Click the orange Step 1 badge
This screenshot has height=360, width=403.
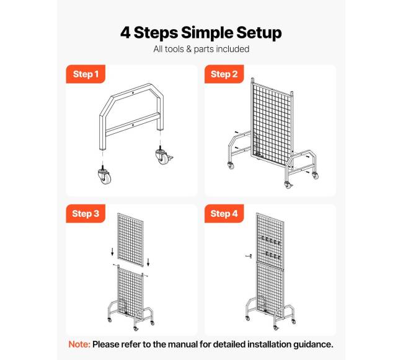pos(86,74)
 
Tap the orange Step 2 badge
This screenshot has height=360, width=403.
pos(224,74)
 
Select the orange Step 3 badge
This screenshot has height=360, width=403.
pos(86,213)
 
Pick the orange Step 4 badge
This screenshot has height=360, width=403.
pos(224,213)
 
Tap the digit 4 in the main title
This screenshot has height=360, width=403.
pos(125,32)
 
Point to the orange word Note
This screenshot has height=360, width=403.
pos(79,344)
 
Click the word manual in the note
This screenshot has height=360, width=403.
pos(182,344)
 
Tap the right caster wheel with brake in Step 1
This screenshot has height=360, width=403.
pos(164,156)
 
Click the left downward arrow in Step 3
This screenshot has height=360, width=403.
pos(112,252)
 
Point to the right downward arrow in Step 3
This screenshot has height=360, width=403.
pos(148,262)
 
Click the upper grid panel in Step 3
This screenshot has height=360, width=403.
pos(130,240)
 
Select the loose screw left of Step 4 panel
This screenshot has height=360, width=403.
pos(249,256)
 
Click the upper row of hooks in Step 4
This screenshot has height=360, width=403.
pos(270,240)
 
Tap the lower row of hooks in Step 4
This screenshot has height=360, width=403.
pos(272,255)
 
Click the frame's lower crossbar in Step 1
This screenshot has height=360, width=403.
pos(133,123)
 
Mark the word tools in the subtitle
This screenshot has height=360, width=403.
pos(175,49)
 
